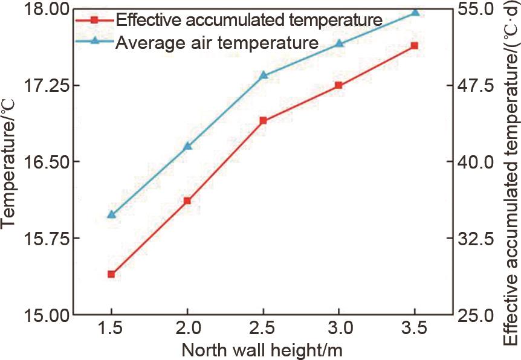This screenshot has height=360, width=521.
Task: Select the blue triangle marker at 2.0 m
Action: click(x=187, y=146)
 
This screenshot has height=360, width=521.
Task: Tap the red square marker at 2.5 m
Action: click(x=263, y=121)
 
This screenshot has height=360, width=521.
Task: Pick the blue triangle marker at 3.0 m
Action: click(x=338, y=43)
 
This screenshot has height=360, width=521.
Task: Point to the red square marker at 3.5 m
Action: click(x=415, y=46)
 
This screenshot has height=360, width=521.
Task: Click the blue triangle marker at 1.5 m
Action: click(x=111, y=214)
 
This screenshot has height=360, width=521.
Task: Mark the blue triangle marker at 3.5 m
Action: click(x=415, y=12)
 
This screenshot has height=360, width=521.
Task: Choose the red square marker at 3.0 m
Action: click(x=338, y=85)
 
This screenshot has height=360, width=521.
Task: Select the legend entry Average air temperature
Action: click(x=216, y=43)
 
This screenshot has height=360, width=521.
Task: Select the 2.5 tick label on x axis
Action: click(x=263, y=330)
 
